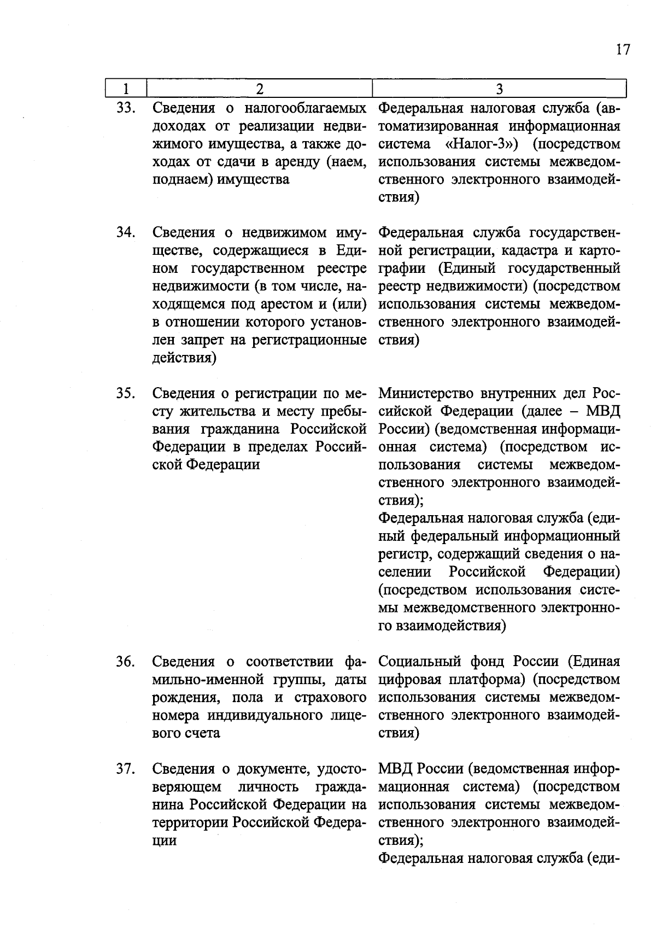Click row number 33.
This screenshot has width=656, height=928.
126,108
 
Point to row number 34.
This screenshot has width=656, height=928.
126,232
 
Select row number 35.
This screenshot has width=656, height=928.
126,393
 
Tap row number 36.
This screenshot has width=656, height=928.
126,662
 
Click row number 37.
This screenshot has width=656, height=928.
126,769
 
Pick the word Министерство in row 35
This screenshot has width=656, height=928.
426,393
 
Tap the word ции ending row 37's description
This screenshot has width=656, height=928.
164,841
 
